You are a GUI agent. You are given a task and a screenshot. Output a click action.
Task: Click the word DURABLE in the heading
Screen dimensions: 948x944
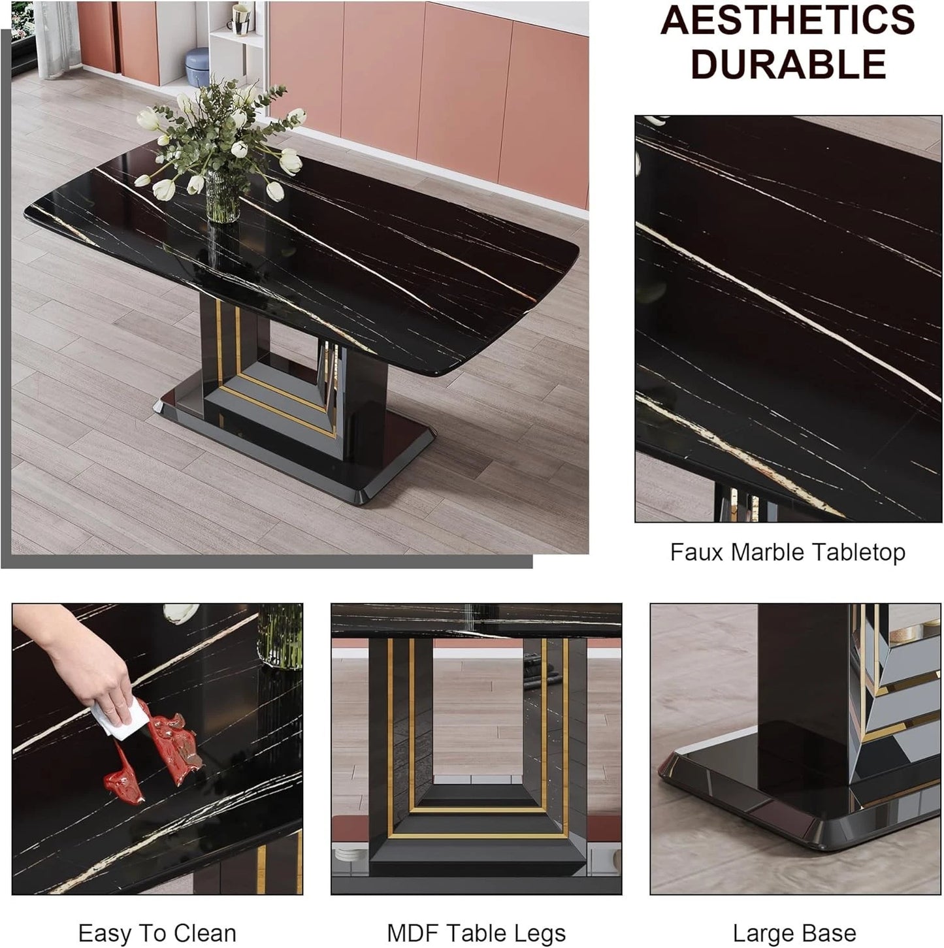coord(788,63)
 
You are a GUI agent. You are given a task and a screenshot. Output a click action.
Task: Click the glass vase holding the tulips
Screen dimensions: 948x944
coord(222,196)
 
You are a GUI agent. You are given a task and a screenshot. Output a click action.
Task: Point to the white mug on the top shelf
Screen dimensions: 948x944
coord(240,18)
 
